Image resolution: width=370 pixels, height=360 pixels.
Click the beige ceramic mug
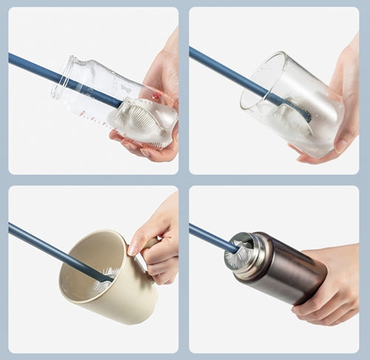click(111, 285)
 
